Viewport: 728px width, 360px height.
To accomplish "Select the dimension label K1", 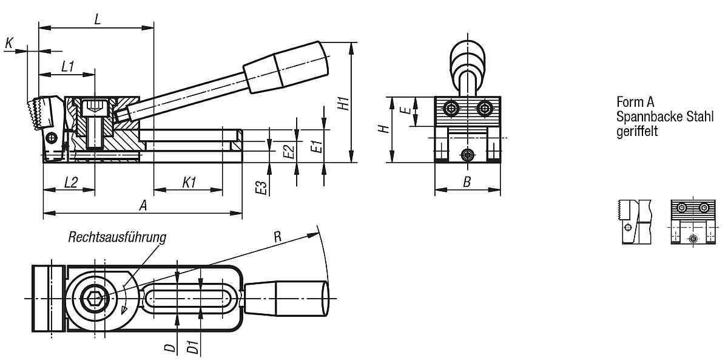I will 189,182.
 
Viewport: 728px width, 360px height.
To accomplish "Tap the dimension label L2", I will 70,182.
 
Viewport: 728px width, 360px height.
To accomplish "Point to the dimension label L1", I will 67,66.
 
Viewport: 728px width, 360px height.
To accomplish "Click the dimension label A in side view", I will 143,206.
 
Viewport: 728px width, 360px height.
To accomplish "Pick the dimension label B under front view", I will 467,182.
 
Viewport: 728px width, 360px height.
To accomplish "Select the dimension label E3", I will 261,188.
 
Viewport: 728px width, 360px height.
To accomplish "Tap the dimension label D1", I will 192,347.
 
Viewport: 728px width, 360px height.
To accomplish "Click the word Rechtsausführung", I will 117,237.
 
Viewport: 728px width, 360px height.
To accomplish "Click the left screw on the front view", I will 451,109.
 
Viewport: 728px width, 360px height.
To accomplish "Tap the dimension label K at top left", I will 8,42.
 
